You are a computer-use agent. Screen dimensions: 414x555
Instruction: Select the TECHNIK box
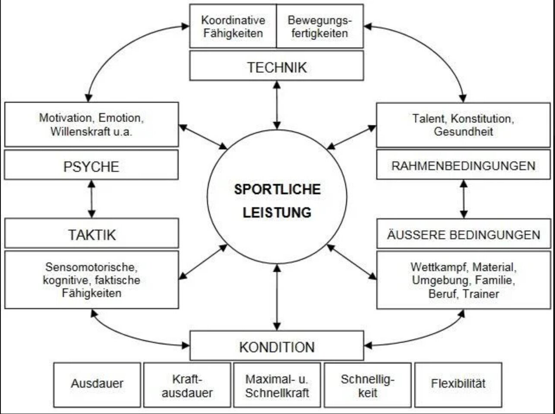(277, 67)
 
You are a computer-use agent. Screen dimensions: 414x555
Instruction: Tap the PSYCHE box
(91, 166)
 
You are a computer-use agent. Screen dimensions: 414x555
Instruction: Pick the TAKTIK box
(91, 234)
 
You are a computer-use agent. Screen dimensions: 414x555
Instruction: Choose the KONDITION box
(277, 347)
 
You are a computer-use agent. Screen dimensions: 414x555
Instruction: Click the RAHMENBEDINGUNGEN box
(463, 165)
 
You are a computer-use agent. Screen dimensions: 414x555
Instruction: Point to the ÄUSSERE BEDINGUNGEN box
(463, 234)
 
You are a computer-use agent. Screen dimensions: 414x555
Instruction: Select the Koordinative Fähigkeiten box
(233, 26)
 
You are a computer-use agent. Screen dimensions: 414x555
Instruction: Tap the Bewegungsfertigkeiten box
(319, 26)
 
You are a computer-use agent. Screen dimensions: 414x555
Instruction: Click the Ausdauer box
(97, 383)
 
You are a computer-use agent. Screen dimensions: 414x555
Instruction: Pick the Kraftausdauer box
(187, 386)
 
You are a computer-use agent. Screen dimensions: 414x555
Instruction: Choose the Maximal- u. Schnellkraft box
(277, 386)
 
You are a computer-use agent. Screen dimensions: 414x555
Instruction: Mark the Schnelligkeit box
(367, 386)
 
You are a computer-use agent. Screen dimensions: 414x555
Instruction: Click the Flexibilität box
(458, 383)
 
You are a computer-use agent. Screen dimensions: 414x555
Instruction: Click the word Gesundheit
(463, 131)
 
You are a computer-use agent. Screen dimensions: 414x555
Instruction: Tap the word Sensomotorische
(91, 267)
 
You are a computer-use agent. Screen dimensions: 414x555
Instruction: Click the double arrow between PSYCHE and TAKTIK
(91, 199)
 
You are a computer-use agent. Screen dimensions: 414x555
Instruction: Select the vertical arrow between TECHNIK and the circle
(277, 105)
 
